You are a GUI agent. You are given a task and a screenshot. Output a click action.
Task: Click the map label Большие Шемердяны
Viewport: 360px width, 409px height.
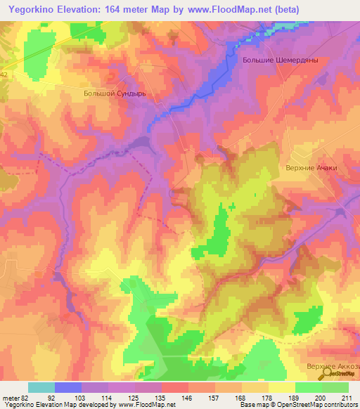(x=281, y=60)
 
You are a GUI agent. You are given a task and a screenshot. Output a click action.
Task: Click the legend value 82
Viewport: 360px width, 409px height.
(x=27, y=397)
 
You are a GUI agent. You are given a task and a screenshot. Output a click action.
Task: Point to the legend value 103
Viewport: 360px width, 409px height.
(x=81, y=397)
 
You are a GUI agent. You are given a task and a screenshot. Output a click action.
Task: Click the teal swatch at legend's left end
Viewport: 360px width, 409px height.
(x=41, y=387)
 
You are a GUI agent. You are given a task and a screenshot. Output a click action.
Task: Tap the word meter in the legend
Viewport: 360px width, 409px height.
(x=11, y=397)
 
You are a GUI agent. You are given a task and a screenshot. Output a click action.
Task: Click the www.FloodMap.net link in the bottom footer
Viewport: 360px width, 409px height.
(x=146, y=405)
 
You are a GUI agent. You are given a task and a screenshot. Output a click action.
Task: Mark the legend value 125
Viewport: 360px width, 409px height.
(x=134, y=397)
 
